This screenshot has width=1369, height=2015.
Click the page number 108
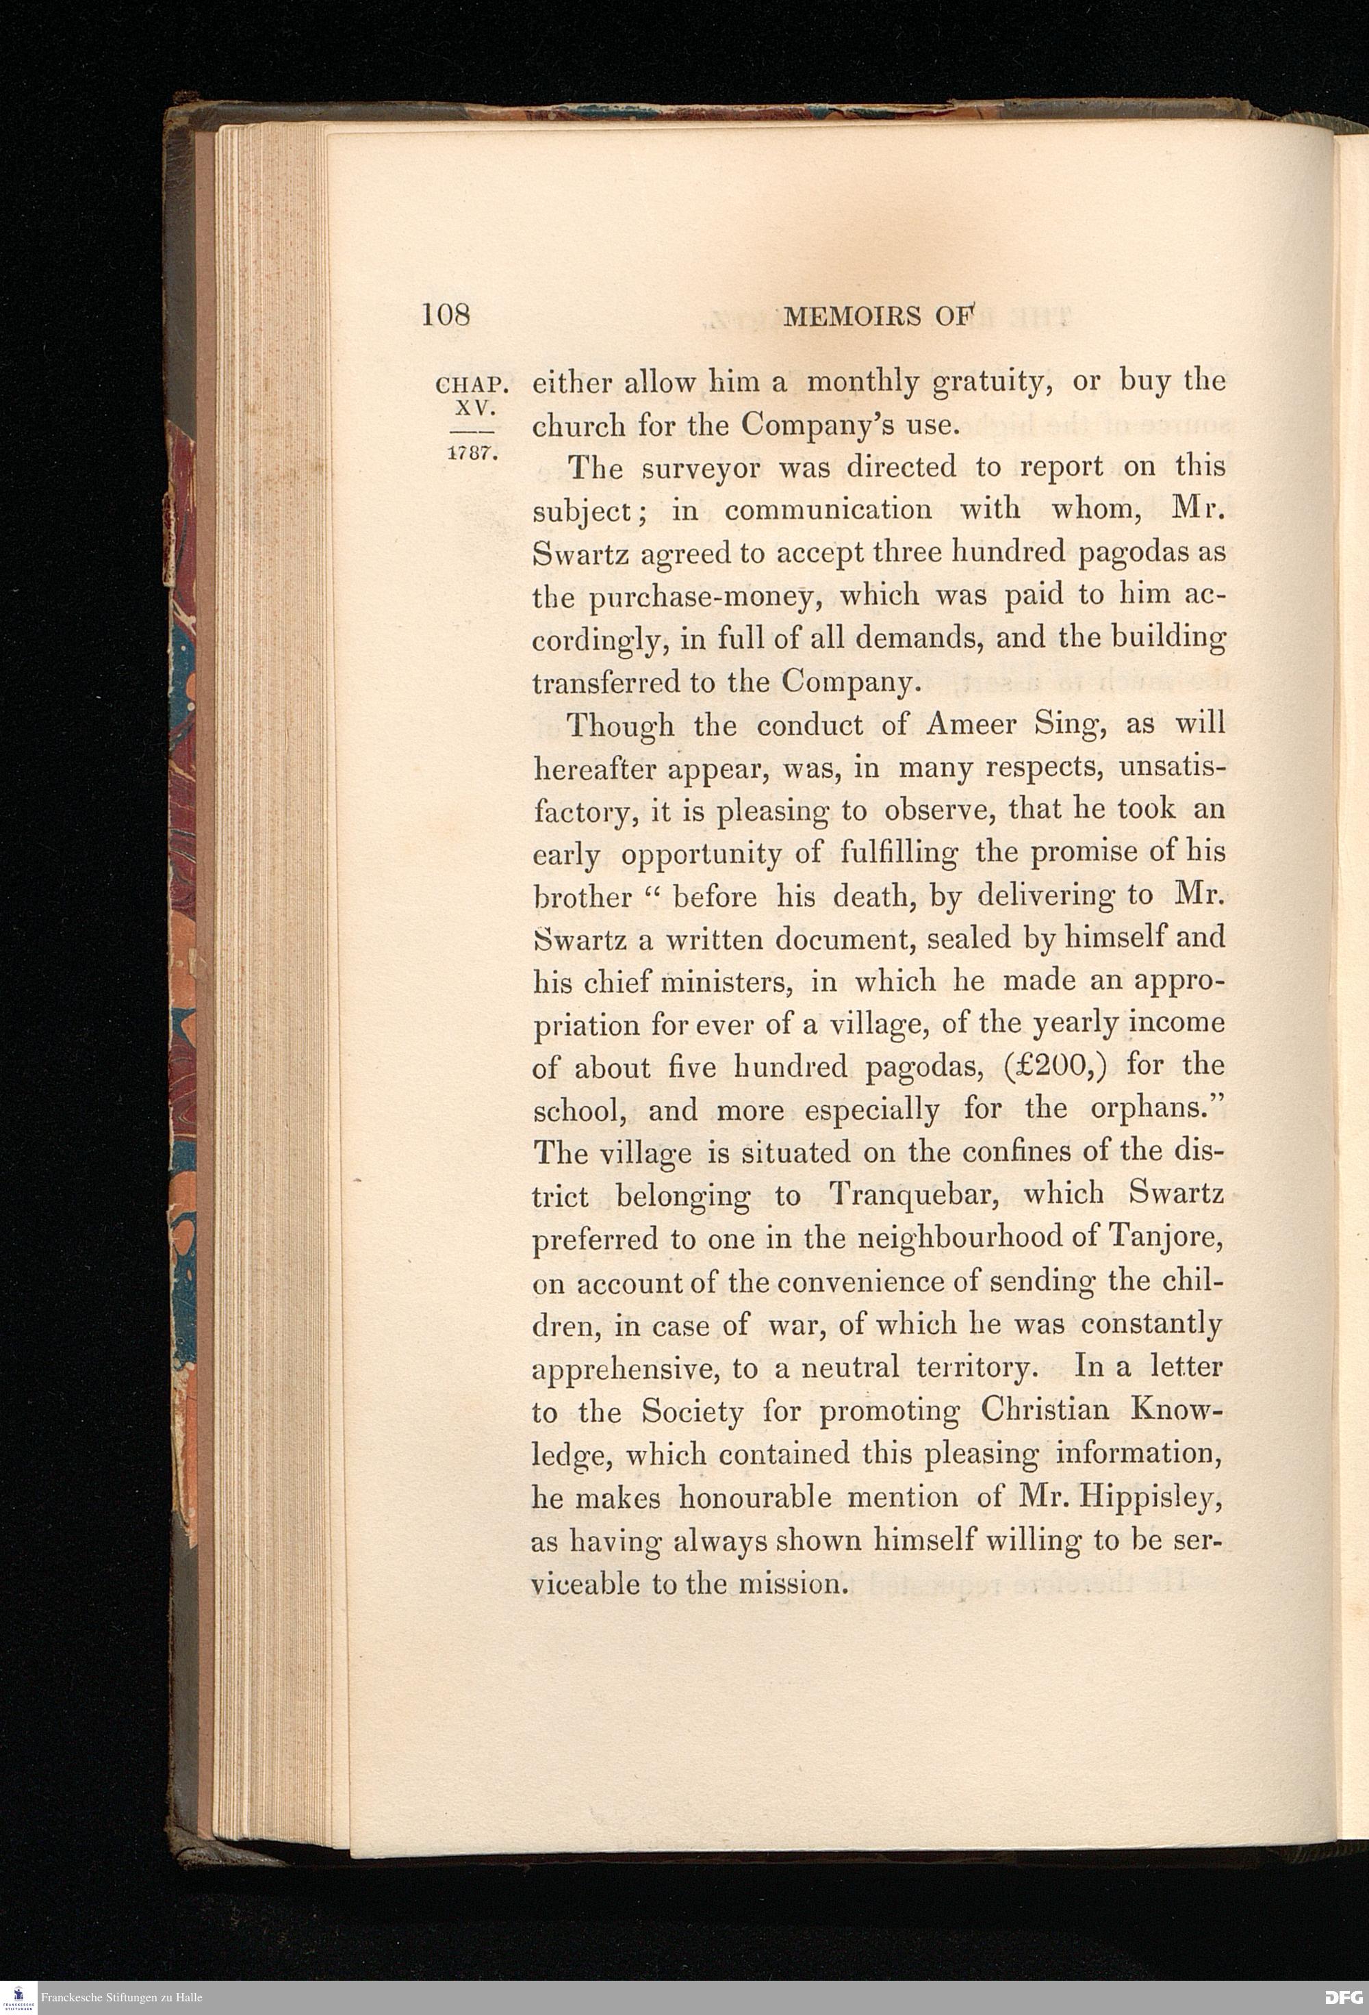(x=446, y=315)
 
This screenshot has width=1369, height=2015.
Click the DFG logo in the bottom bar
(x=1344, y=1999)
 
